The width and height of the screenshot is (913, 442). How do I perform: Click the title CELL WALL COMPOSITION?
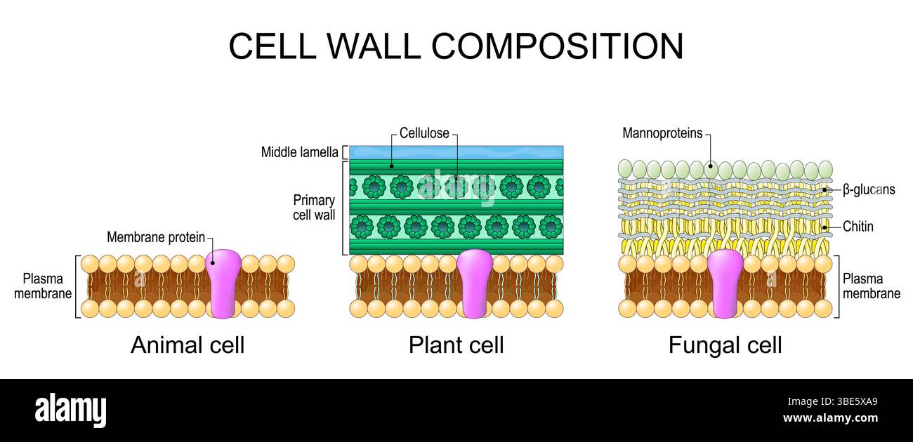[x=456, y=46]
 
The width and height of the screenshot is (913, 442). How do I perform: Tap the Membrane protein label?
[x=155, y=238]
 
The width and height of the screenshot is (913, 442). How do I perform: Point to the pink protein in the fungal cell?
[x=725, y=283]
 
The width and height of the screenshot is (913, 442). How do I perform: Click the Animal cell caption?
[x=188, y=345]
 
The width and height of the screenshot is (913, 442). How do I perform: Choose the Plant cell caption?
[x=456, y=345]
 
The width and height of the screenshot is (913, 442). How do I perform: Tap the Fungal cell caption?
[x=725, y=345]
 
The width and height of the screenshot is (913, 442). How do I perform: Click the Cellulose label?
[x=424, y=133]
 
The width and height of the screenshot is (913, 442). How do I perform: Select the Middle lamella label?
[x=299, y=152]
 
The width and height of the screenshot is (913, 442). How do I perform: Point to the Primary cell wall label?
[x=314, y=208]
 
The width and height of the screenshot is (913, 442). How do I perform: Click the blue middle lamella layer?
[x=456, y=152]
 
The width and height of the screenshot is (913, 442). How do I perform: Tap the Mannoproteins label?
[x=662, y=133]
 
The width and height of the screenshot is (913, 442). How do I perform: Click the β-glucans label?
[x=869, y=189]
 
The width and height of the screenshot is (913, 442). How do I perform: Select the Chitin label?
[x=858, y=227]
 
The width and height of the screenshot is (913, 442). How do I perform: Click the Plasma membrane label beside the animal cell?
[x=43, y=286]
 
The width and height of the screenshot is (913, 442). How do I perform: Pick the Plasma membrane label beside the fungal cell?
[x=872, y=286]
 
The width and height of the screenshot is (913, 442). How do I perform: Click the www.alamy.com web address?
[x=830, y=419]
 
